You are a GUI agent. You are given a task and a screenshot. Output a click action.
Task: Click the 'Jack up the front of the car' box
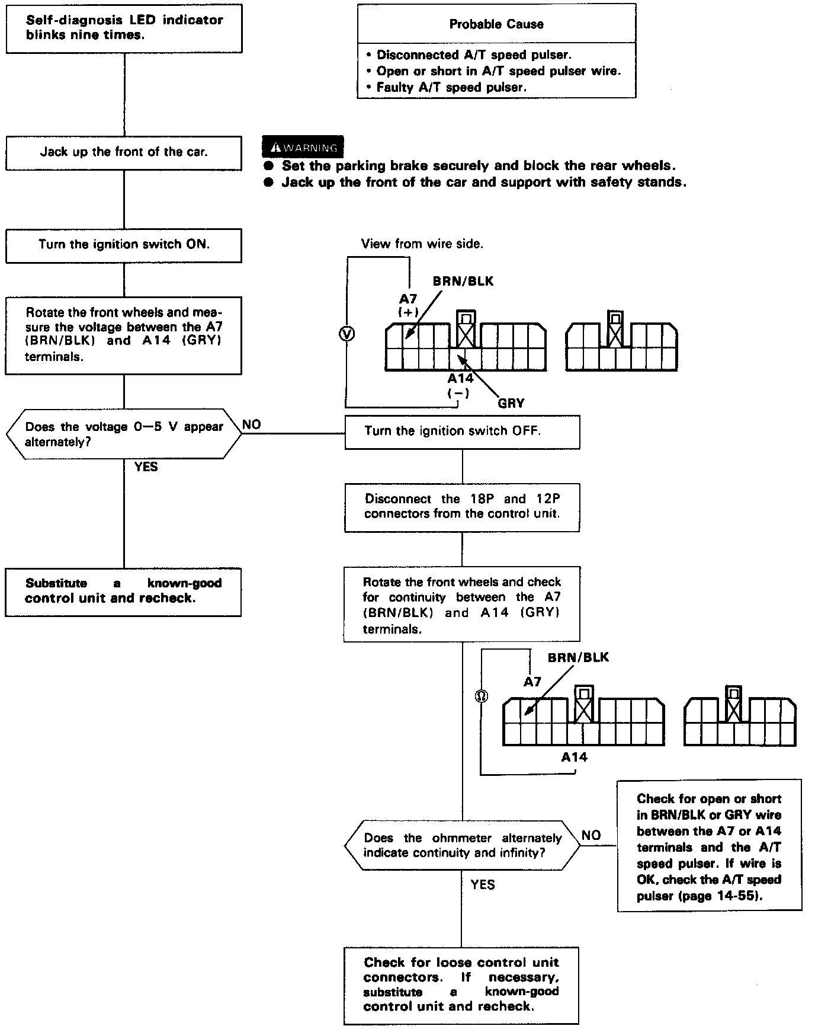(x=124, y=153)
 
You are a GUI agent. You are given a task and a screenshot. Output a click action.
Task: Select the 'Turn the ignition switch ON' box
(x=124, y=245)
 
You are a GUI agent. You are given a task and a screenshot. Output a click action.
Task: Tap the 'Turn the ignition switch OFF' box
(x=462, y=432)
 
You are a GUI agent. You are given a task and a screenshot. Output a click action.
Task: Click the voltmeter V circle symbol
(x=346, y=334)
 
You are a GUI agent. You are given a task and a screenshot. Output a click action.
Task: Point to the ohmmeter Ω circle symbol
(x=482, y=696)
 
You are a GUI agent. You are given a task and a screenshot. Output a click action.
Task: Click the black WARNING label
(x=303, y=148)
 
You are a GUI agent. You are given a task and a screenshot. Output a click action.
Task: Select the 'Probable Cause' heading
(x=496, y=24)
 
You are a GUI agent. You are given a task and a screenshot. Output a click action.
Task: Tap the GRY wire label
(x=511, y=403)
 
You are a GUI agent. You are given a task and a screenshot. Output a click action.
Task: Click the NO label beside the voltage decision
(x=252, y=424)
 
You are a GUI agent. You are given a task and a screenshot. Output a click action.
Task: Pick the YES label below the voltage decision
(x=146, y=467)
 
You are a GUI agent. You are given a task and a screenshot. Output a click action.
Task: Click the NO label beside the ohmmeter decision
(x=591, y=835)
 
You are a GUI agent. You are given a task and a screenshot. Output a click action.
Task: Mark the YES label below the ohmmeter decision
(x=483, y=884)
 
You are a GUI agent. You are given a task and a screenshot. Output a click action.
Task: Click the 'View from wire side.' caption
(x=422, y=244)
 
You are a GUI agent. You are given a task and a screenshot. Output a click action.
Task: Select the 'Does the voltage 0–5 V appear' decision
(x=124, y=434)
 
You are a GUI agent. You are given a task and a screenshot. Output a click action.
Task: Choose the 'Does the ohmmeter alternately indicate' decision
(x=462, y=845)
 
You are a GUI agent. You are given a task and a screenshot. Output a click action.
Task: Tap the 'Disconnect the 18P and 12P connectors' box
(x=462, y=506)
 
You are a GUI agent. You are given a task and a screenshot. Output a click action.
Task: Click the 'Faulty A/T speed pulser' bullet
(x=451, y=87)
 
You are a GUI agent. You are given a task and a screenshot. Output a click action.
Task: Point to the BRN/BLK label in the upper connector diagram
(x=463, y=281)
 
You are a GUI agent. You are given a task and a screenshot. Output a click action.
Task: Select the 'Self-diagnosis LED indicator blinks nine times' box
(x=124, y=28)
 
